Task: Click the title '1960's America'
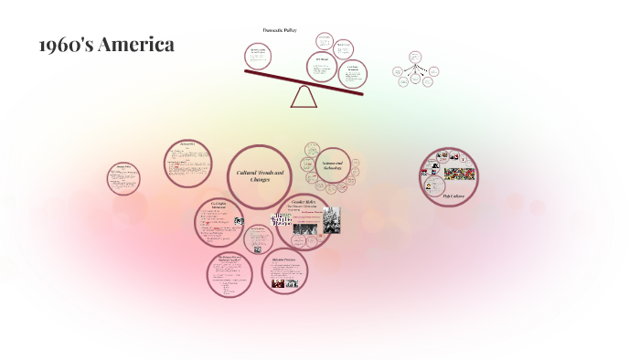pyautogui.click(x=107, y=45)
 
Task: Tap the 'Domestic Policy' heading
pyautogui.click(x=280, y=30)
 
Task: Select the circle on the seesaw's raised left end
pyautogui.click(x=258, y=56)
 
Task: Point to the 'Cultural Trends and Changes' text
pyautogui.click(x=261, y=175)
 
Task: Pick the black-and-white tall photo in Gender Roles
pyautogui.click(x=331, y=220)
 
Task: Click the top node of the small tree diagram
pyautogui.click(x=415, y=57)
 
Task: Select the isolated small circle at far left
pyautogui.click(x=123, y=178)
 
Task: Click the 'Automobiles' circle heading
pyautogui.click(x=188, y=146)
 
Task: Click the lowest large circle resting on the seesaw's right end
pyautogui.click(x=352, y=74)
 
